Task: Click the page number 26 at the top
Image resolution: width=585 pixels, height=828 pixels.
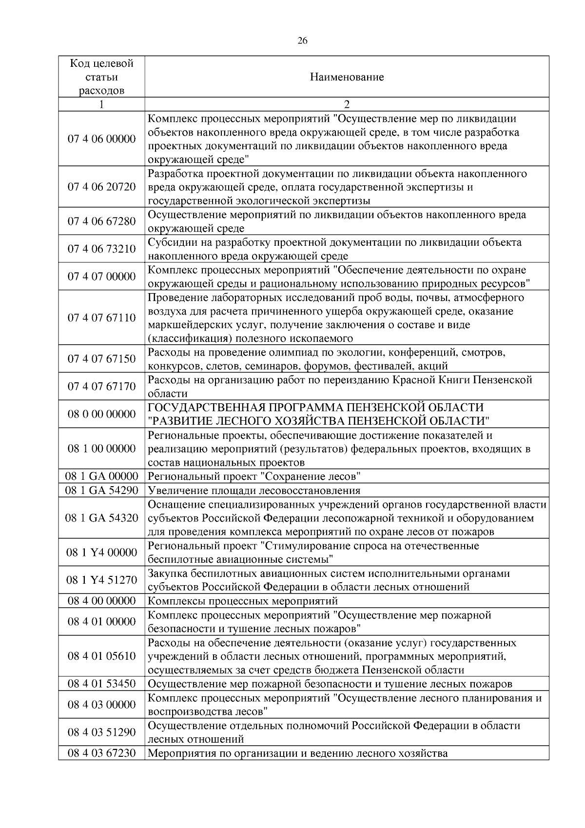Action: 302,41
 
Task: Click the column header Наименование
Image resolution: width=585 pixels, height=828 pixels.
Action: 347,77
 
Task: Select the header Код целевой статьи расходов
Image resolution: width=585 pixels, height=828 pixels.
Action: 101,77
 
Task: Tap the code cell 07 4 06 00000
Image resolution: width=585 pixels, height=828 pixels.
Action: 101,139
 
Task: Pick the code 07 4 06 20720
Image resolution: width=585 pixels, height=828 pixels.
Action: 101,187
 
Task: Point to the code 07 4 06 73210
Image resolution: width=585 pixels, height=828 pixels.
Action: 101,249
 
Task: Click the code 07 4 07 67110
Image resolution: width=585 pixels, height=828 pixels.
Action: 101,318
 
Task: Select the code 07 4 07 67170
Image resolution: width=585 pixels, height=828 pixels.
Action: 101,387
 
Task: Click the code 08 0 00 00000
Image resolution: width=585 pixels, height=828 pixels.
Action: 101,414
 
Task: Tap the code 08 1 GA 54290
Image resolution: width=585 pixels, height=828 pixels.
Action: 101,490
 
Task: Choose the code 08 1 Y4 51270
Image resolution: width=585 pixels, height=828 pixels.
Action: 101,580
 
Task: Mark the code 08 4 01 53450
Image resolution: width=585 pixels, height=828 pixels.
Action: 101,684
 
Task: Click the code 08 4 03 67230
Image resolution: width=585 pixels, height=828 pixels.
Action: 101,753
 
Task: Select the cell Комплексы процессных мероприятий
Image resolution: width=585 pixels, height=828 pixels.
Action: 242,601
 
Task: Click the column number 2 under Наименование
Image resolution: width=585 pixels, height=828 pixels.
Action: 347,104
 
